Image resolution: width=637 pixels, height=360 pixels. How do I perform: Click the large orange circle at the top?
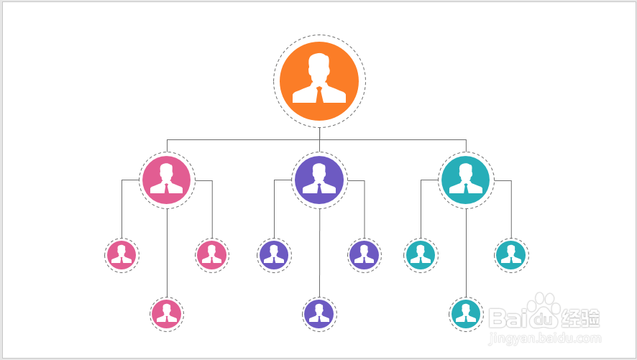coord(319,80)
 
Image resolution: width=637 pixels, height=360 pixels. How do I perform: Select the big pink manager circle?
coord(167,180)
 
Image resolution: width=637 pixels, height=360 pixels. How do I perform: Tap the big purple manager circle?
coord(319,180)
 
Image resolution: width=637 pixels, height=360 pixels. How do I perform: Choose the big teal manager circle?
coord(466,180)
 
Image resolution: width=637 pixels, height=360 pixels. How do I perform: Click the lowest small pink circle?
coord(167,313)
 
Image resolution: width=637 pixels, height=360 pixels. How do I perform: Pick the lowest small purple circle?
coord(319,313)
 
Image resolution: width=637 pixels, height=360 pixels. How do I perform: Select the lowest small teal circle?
coord(466,313)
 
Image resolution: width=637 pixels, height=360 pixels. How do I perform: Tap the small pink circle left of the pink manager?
coord(122,254)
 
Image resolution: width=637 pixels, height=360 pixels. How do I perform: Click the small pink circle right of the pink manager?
coord(212,254)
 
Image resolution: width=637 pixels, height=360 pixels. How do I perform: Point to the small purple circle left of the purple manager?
coord(274,254)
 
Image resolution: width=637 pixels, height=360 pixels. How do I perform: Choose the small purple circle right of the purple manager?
coord(364,254)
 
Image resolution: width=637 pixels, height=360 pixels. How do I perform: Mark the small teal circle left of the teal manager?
coord(421,254)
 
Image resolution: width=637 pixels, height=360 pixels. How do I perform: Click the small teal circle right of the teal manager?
coord(510,254)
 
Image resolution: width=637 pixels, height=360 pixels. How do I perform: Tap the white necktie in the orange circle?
coord(319,96)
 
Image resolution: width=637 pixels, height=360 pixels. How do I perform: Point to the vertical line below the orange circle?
coord(319,134)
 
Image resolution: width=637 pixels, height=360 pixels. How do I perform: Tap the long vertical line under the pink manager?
coord(167,251)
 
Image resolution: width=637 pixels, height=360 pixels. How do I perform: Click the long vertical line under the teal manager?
coord(466,251)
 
